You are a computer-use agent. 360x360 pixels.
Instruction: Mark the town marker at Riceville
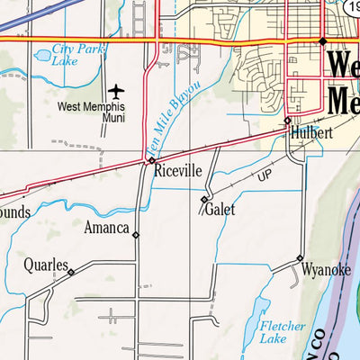151,161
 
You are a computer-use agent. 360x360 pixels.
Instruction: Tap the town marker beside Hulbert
288,121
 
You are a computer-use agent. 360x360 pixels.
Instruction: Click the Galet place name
220,210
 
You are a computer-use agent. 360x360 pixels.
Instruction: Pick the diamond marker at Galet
205,199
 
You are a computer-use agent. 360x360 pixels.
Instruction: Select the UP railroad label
265,176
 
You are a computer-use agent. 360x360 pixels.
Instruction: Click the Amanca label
107,228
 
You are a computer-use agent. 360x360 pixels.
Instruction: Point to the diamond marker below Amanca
136,236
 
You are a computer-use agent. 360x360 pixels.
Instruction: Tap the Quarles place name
46,265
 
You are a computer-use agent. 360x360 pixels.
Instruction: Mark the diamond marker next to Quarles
71,270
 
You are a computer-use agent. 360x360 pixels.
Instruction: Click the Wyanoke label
325,268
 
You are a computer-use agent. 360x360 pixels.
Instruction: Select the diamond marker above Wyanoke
300,259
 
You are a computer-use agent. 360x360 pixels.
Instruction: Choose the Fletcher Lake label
275,332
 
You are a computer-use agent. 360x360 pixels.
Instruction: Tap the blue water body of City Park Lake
42,57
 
